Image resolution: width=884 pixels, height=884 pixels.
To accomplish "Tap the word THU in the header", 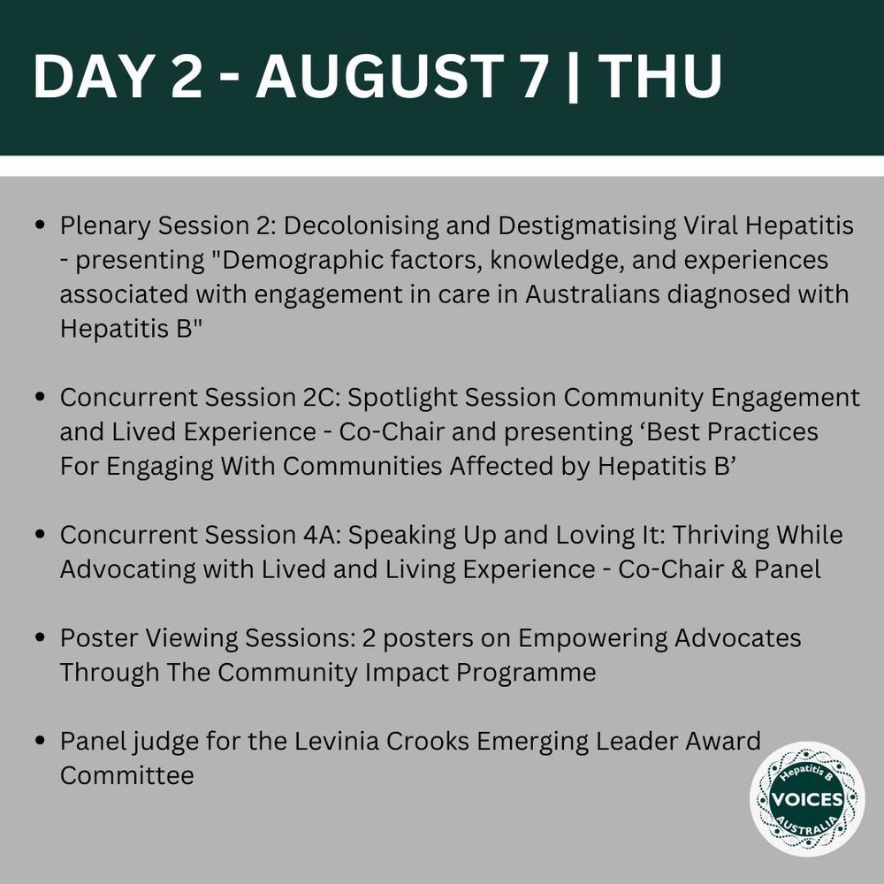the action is click(x=659, y=76).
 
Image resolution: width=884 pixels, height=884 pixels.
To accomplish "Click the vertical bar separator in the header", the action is click(x=574, y=77).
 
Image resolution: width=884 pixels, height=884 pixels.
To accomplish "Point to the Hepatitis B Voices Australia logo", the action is click(x=807, y=798).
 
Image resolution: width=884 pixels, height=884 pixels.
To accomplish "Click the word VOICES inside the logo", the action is click(x=807, y=799).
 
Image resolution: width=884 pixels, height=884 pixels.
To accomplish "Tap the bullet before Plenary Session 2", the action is click(x=40, y=225).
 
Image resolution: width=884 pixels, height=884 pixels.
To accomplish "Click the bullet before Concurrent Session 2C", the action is click(x=40, y=397).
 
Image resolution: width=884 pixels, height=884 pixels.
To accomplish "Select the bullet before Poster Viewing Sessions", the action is click(x=40, y=637).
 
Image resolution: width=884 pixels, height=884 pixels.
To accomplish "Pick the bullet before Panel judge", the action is click(x=40, y=740).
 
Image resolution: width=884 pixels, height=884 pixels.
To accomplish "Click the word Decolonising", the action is click(x=361, y=226).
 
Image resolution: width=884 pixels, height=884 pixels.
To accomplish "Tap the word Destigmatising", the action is click(x=587, y=226).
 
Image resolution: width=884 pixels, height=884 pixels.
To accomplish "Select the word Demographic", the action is click(x=302, y=261).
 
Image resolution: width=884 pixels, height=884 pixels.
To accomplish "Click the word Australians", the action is click(x=592, y=294).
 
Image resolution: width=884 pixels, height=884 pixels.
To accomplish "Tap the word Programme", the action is click(x=525, y=673).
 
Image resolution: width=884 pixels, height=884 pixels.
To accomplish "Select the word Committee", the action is click(x=126, y=775).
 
